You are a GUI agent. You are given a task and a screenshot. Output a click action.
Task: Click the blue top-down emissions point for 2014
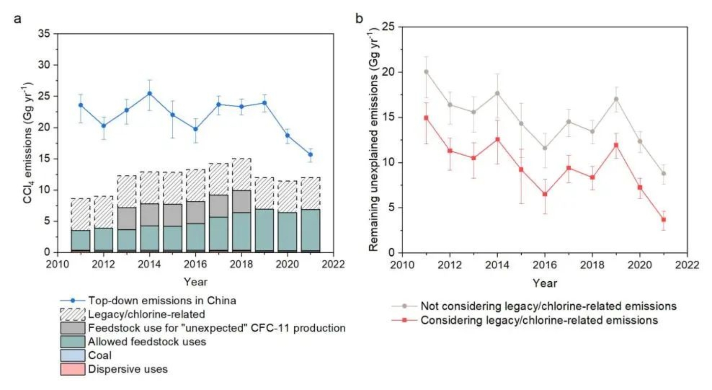point(150,93)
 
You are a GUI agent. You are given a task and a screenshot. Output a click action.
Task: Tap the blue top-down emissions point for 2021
point(310,154)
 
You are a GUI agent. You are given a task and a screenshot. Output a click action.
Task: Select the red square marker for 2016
point(545,194)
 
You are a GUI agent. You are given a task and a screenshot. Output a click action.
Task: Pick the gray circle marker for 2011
point(426,72)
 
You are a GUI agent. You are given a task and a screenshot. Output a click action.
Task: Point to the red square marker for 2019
point(616,145)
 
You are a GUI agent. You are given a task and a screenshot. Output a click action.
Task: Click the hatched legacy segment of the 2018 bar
point(241,174)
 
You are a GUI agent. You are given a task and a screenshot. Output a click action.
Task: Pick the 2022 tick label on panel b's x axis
point(687,265)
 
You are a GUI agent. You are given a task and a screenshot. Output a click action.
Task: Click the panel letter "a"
point(18,19)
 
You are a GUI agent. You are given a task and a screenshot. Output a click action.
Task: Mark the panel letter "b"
point(359,19)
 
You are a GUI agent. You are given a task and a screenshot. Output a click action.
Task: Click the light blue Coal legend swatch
point(73,355)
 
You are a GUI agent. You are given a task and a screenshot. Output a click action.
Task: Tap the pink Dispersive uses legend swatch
point(73,369)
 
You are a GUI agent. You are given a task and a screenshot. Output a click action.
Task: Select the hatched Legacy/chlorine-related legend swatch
point(73,315)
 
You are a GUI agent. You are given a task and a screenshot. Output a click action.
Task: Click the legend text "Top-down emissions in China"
point(162,301)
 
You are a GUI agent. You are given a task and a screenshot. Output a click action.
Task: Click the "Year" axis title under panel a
point(195,282)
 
